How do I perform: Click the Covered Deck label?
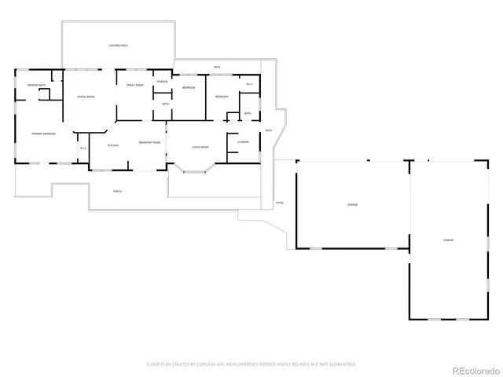pos(119,46)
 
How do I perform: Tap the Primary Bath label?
pos(36,85)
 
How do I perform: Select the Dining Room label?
pos(86,97)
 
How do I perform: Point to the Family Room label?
pos(134,85)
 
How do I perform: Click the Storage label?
pos(162,82)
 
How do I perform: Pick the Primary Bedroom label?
pos(42,134)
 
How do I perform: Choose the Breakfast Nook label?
pos(149,142)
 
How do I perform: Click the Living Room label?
pos(200,147)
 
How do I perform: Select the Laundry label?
pos(243,142)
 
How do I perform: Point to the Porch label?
pos(117,191)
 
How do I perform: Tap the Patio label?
pos(279,203)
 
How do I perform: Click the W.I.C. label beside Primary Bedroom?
pos(83,148)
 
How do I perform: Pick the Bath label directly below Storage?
pos(165,104)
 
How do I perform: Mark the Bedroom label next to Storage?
pos(189,88)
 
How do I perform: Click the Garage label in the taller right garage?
pos(448,240)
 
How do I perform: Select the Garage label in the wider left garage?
pos(353,205)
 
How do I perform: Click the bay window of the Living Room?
pos(192,167)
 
